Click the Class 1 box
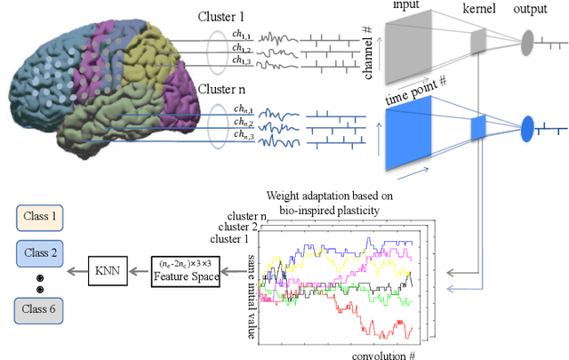(42, 216)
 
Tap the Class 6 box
(42, 310)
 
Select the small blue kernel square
(477, 128)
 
